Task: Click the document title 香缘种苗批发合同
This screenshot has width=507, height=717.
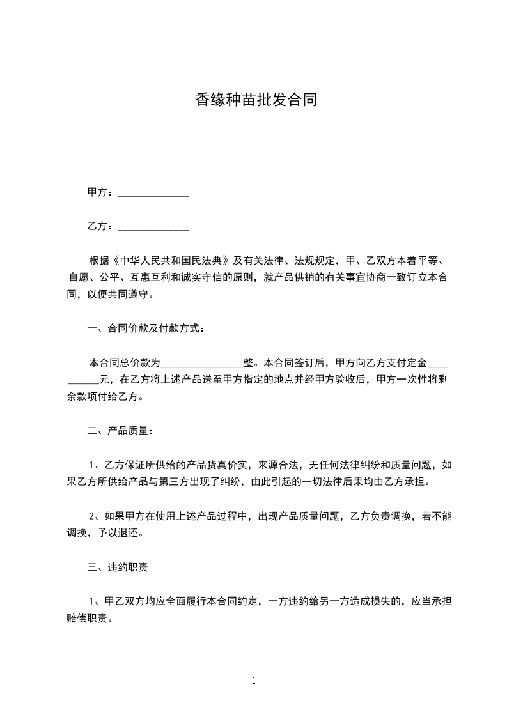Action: (x=256, y=100)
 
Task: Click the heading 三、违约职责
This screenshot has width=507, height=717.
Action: (x=118, y=567)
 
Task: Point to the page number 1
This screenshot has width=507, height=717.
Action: (x=254, y=681)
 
